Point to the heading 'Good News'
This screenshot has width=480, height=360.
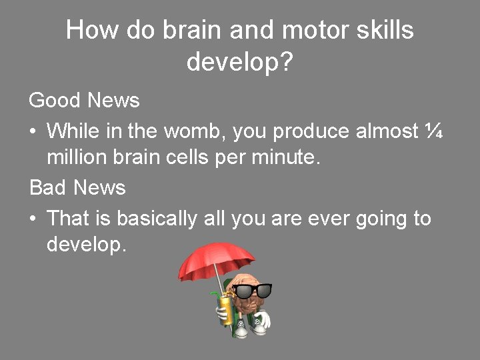point(85,101)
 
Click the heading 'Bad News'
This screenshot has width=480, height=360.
point(77,188)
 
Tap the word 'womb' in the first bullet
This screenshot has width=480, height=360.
point(199,131)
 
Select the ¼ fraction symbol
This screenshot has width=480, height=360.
point(433,131)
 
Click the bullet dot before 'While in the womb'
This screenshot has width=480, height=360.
point(33,131)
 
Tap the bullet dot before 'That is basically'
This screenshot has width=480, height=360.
point(33,219)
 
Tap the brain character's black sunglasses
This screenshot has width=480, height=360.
point(253,291)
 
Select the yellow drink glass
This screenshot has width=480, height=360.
point(226,310)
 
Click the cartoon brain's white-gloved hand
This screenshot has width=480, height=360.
point(263,321)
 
